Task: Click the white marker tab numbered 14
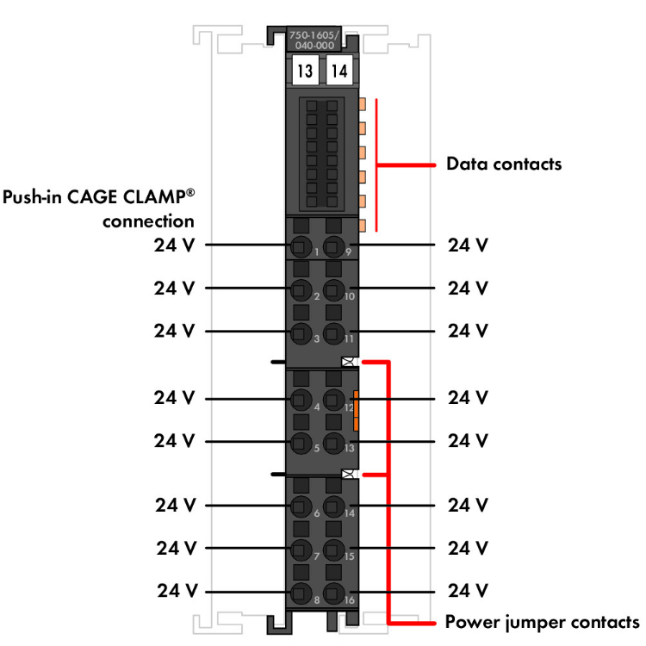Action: click(339, 71)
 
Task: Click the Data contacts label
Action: click(503, 163)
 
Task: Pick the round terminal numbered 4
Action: click(301, 400)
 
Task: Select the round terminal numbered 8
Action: click(301, 593)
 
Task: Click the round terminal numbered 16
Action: click(334, 593)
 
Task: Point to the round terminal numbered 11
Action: click(334, 332)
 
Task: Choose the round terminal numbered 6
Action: click(301, 506)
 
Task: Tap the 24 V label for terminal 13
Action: click(469, 441)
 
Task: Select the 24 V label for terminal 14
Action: click(469, 505)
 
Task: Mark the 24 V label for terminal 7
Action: click(177, 548)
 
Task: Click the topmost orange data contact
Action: click(362, 104)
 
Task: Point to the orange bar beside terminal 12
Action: click(355, 410)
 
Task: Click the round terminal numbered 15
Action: click(334, 549)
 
